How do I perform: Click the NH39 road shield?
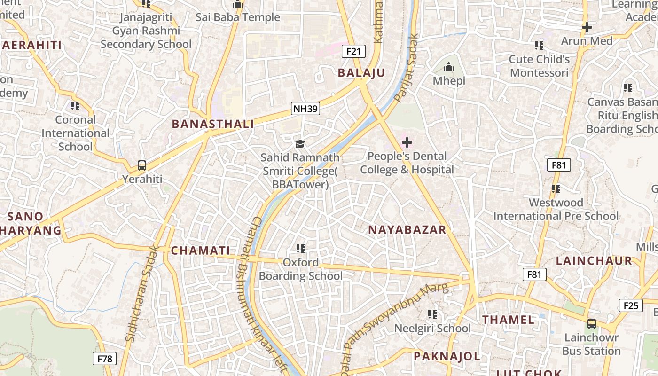click(x=305, y=109)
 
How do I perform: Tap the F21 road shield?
click(x=353, y=51)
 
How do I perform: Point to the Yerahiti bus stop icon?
click(x=142, y=165)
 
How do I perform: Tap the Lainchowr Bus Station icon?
click(x=591, y=324)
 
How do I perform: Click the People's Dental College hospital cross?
click(x=407, y=142)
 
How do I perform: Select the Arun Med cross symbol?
click(x=587, y=27)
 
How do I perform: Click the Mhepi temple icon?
click(x=449, y=67)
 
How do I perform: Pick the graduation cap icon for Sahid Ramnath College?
click(x=300, y=144)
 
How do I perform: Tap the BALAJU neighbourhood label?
click(x=361, y=73)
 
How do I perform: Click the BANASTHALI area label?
click(x=213, y=124)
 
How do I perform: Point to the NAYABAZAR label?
click(x=407, y=230)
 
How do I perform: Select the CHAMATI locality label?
click(x=201, y=251)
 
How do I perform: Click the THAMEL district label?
click(x=509, y=320)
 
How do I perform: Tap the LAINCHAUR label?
click(x=594, y=261)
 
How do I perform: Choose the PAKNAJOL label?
click(x=447, y=356)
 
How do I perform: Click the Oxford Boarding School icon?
click(x=301, y=248)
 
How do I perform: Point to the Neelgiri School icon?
click(x=432, y=314)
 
